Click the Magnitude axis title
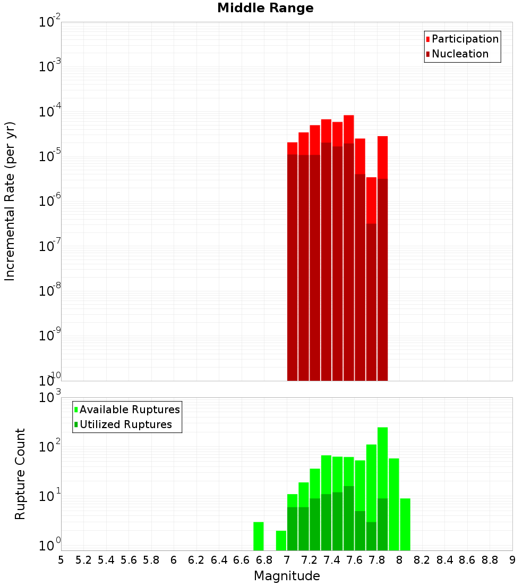click(287, 576)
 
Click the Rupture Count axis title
click(20, 473)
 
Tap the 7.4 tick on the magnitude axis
click(332, 559)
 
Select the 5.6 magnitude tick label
click(129, 559)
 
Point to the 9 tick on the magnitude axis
click(512, 559)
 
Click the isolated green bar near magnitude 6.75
click(259, 536)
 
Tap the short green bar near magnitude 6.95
click(281, 540)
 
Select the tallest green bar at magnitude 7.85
click(382, 463)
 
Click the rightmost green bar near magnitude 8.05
click(405, 524)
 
